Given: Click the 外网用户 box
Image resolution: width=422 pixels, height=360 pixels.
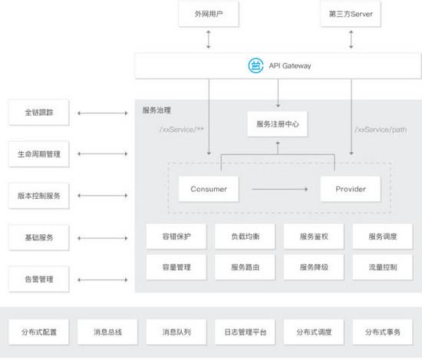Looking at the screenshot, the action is [x=209, y=14].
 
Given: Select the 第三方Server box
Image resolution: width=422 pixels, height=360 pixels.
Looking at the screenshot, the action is [x=351, y=14].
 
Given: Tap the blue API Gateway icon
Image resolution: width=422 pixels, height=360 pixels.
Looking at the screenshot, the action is [x=256, y=65].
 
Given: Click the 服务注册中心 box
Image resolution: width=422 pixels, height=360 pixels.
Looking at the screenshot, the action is [x=278, y=124].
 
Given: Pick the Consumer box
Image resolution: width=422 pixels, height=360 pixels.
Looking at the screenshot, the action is [x=209, y=189].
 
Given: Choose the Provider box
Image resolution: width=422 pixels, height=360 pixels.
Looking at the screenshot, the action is [x=351, y=189].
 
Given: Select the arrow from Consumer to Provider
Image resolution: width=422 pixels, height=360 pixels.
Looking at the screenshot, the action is [x=279, y=189].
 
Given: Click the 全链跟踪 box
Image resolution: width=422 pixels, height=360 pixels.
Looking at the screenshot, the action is [x=39, y=112].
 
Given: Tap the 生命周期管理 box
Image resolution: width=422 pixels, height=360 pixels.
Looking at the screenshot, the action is [x=39, y=154].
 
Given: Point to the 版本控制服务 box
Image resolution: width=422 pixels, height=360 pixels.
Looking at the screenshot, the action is [x=39, y=196].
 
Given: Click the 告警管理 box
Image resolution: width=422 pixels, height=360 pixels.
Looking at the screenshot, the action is [x=39, y=279].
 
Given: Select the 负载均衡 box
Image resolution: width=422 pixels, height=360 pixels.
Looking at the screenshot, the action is [x=246, y=236].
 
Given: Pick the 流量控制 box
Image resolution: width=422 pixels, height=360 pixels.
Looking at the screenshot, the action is [x=383, y=267].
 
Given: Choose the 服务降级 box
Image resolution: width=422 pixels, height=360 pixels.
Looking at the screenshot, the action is [x=314, y=267].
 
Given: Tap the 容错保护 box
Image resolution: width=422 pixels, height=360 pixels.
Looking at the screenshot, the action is [x=176, y=236].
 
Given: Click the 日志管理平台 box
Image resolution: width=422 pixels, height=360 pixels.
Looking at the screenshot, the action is [x=246, y=332].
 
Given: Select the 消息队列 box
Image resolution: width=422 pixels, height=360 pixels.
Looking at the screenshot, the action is [x=176, y=332].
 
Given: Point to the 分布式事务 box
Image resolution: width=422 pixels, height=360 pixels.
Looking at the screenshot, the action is [x=383, y=332].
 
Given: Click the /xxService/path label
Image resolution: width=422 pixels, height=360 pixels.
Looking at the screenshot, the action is [x=381, y=130].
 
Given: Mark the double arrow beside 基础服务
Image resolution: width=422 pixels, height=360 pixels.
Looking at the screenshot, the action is [x=103, y=238].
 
